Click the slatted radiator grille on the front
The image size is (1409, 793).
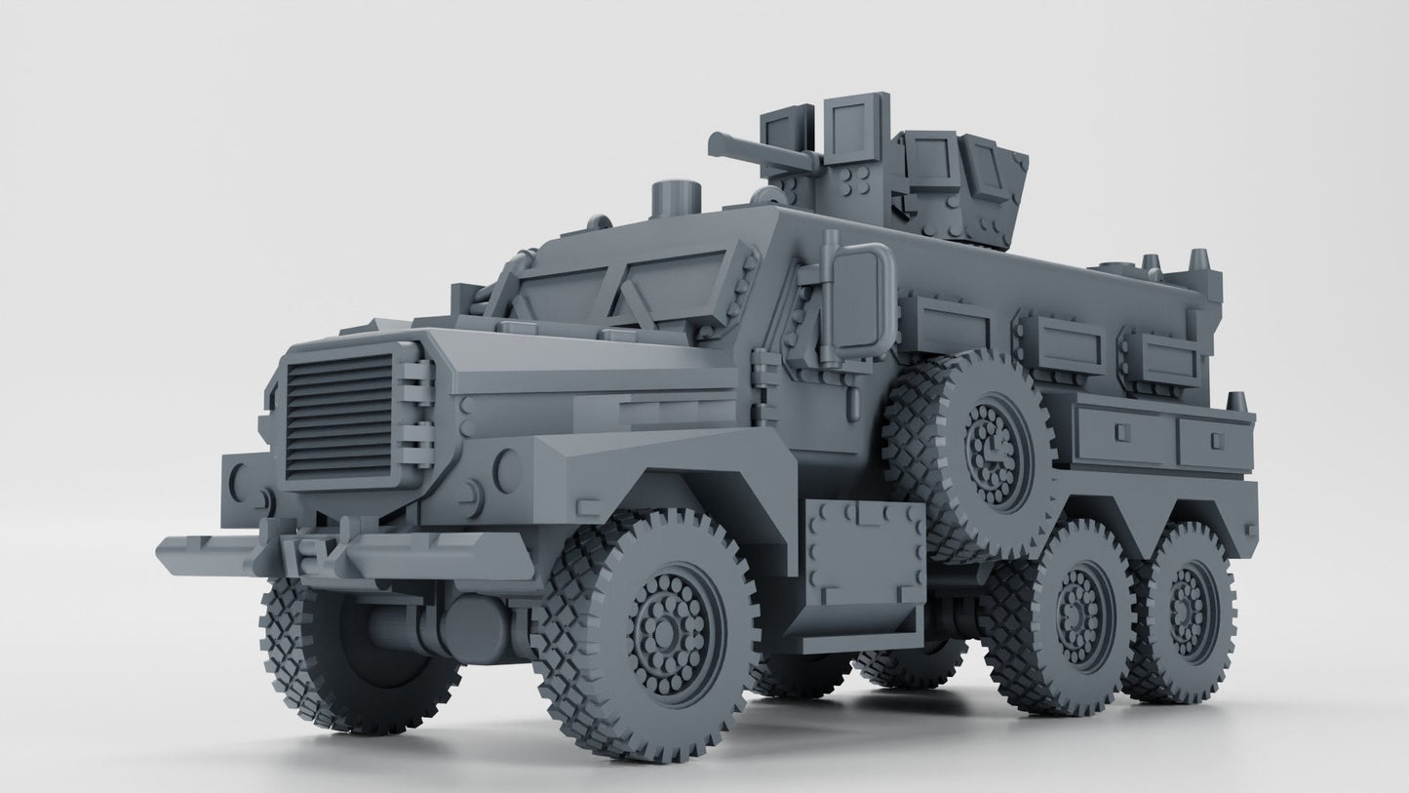point(339,414)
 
